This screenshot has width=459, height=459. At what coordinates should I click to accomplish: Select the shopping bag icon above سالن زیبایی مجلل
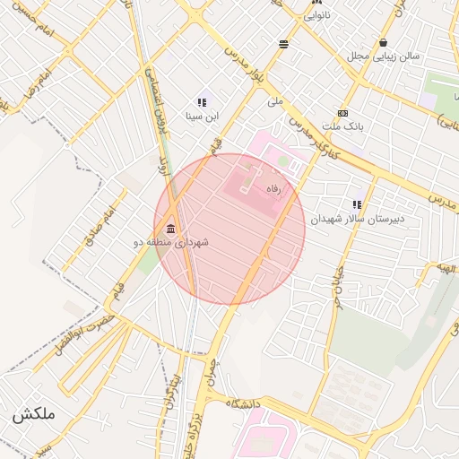pos(384,42)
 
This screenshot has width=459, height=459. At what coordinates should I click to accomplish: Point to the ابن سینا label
pos(202,116)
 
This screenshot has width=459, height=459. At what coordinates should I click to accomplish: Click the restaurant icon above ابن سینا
pos(202,102)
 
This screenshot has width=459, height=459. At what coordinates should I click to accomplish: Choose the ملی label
pos(275,101)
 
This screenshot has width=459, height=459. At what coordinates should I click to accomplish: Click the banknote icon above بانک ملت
pos(343,114)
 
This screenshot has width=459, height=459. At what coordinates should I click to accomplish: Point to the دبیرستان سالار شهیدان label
pos(358,218)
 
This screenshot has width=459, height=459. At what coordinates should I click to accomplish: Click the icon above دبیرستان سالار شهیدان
pos(358,204)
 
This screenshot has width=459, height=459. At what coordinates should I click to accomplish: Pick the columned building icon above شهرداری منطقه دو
pos(170,228)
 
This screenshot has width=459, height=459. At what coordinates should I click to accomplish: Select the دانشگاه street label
pos(243,404)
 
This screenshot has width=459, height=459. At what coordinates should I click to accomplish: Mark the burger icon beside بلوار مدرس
pos(284,43)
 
